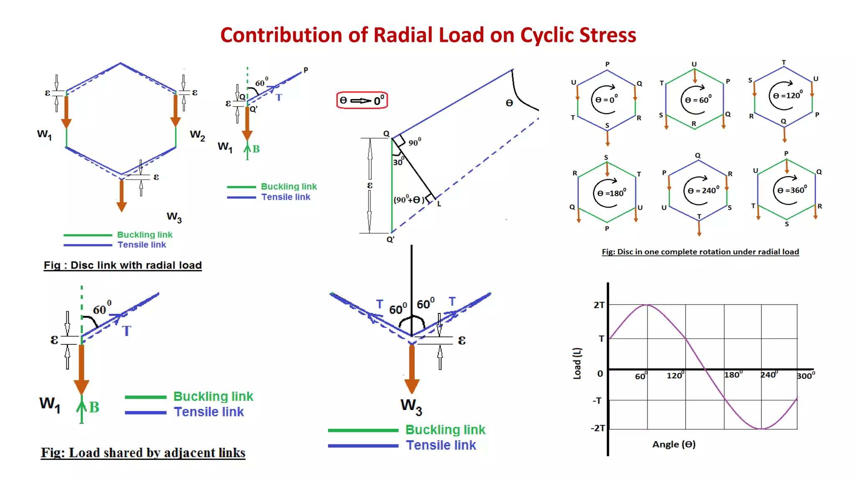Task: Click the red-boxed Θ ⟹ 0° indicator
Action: click(362, 100)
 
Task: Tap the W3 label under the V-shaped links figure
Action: click(411, 406)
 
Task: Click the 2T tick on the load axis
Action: click(599, 305)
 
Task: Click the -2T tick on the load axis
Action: click(598, 428)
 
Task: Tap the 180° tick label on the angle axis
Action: click(733, 374)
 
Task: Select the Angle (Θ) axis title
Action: click(674, 444)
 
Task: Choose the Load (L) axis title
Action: click(577, 363)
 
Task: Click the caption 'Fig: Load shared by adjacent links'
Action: click(143, 453)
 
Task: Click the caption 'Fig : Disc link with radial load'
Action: click(123, 265)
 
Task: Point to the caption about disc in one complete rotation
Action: click(700, 252)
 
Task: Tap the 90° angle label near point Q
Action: click(415, 142)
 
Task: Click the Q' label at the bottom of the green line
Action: click(390, 240)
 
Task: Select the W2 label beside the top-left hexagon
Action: click(197, 135)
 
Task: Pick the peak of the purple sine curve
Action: click(647, 305)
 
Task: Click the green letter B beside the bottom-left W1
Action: click(94, 407)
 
